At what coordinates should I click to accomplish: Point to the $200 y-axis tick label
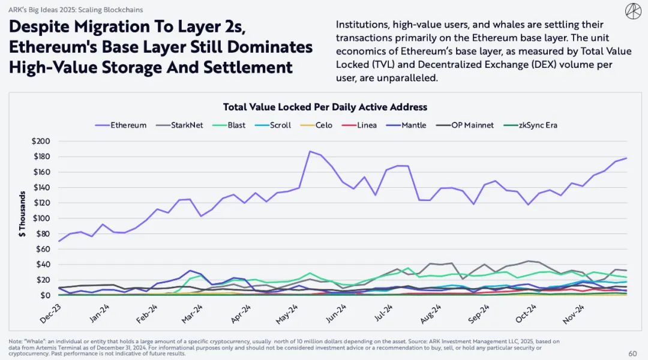(40, 141)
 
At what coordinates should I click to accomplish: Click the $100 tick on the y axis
(40, 218)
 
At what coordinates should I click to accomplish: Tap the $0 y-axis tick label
(45, 295)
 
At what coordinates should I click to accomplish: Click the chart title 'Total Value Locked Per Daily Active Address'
(325, 107)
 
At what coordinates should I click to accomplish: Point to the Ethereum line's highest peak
(310, 151)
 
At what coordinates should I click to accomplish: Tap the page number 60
(632, 353)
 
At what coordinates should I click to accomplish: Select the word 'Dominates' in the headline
(277, 47)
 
